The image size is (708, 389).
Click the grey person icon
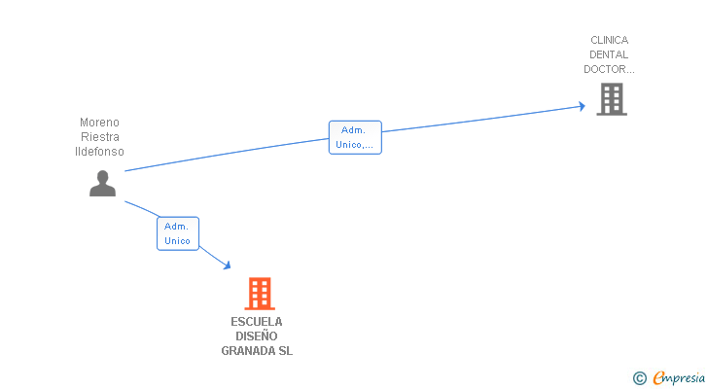pyautogui.click(x=102, y=183)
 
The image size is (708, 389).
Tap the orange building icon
pyautogui.click(x=259, y=293)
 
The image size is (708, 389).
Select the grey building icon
pyautogui.click(x=611, y=99)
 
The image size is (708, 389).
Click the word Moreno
pyautogui.click(x=99, y=123)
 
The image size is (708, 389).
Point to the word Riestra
pyautogui.click(x=99, y=137)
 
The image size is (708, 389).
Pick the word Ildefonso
pyautogui.click(x=99, y=152)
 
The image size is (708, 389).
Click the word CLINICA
pyautogui.click(x=609, y=40)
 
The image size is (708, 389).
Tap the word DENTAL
pyautogui.click(x=609, y=54)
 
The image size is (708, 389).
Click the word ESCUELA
pyautogui.click(x=257, y=322)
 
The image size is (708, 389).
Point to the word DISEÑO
pyautogui.click(x=257, y=336)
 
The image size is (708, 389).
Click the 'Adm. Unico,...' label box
pyautogui.click(x=354, y=137)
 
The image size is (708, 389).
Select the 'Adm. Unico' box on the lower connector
pyautogui.click(x=177, y=233)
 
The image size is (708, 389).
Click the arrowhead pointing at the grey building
pyautogui.click(x=582, y=105)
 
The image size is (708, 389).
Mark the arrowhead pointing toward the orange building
pyautogui.click(x=227, y=265)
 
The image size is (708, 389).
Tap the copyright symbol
pyautogui.click(x=639, y=378)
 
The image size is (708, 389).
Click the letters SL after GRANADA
pyautogui.click(x=285, y=351)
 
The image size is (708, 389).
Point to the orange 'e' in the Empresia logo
pyautogui.click(x=658, y=378)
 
